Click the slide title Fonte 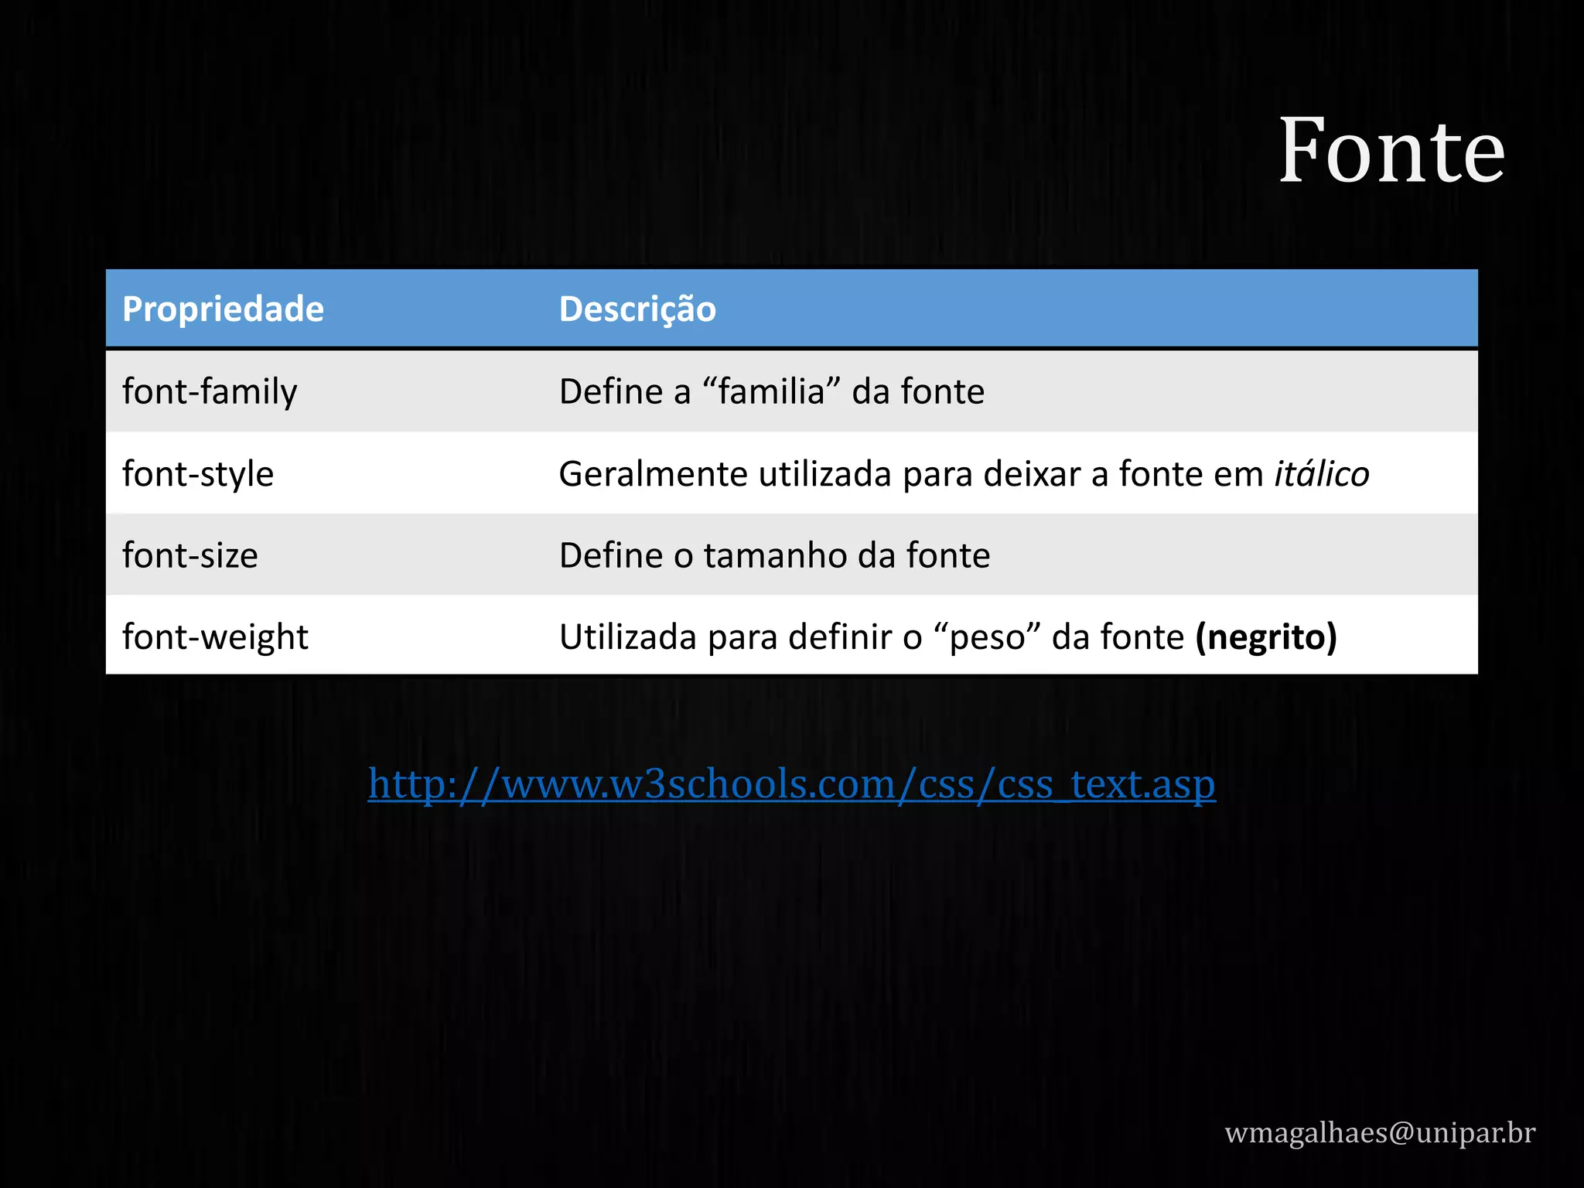click(x=1391, y=151)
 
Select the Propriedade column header click(x=223, y=309)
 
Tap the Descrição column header click(x=637, y=309)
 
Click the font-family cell click(x=210, y=392)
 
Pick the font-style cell click(x=198, y=474)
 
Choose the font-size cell click(x=190, y=556)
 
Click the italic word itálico click(x=1322, y=474)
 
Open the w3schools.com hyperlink click(x=791, y=784)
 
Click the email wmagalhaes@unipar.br click(x=1380, y=1132)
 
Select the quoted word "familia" click(x=771, y=391)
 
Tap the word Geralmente click(x=653, y=474)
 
